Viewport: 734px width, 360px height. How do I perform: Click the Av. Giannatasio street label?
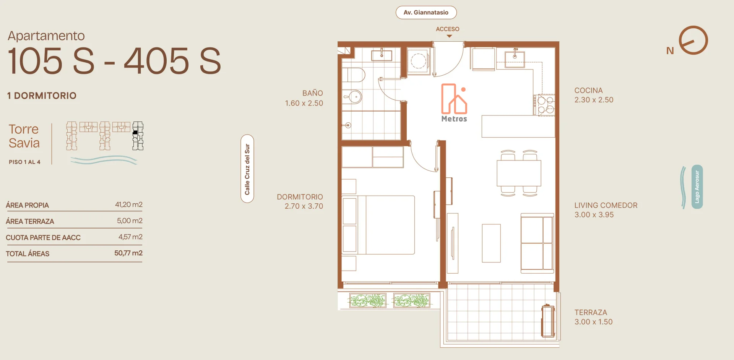426,12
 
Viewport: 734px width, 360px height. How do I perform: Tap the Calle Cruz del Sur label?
247,169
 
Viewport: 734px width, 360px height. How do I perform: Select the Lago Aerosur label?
697,187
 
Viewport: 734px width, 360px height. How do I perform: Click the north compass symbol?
693,40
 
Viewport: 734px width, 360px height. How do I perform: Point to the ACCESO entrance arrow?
449,36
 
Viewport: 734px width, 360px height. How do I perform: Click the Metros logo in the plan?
454,103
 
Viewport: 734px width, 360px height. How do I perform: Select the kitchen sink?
515,59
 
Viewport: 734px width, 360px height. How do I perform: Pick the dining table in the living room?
519,173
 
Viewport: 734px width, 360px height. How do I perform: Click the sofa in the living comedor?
537,243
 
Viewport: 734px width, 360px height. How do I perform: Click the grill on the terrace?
548,321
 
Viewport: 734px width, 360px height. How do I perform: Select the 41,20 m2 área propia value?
129,204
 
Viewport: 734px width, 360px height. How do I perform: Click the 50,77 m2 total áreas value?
128,253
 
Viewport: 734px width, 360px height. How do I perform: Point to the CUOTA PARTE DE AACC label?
43,238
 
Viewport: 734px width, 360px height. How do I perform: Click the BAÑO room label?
313,93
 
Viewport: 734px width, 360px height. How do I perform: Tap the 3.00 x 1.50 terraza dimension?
593,322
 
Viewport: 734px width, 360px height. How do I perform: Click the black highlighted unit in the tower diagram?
135,133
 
